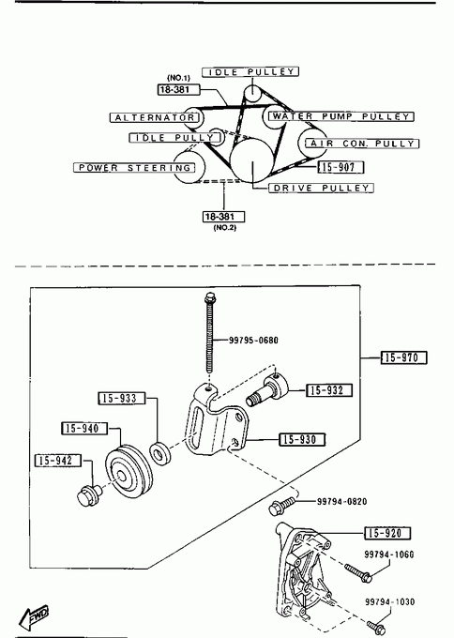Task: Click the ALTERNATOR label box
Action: click(x=155, y=117)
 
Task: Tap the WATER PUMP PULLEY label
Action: click(x=340, y=116)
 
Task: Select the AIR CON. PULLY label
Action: click(x=362, y=144)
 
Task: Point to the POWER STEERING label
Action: click(x=134, y=168)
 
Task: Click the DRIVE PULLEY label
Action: click(x=321, y=188)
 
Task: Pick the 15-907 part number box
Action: click(x=340, y=167)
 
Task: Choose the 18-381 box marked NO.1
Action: click(x=178, y=89)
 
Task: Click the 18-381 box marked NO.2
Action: click(x=224, y=217)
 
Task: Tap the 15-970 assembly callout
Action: click(x=404, y=357)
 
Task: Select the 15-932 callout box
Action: click(x=328, y=390)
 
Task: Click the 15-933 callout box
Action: click(x=122, y=398)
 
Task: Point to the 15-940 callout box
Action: click(x=84, y=428)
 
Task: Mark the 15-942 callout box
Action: click(x=58, y=460)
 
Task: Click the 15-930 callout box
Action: click(x=302, y=439)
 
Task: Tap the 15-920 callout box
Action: click(x=387, y=533)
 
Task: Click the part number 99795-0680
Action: click(x=253, y=341)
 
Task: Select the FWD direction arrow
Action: click(x=34, y=616)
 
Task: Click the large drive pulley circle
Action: click(x=251, y=159)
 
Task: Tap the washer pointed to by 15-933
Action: click(x=159, y=454)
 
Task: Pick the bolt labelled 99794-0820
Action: click(x=282, y=505)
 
